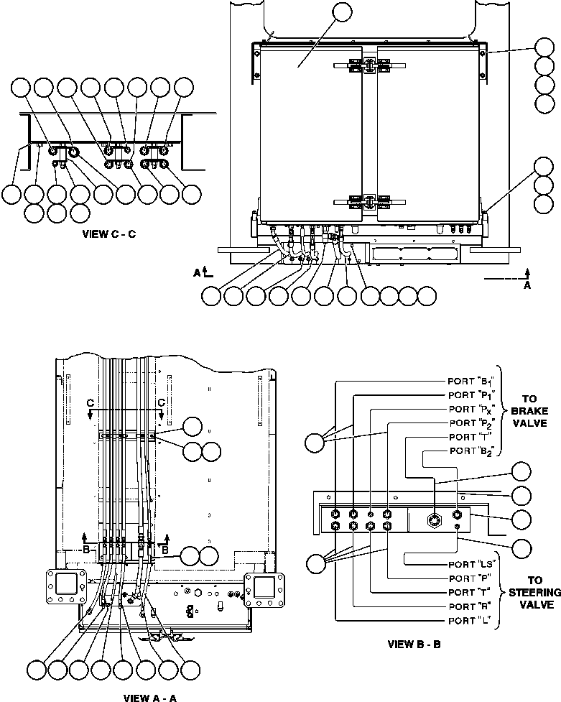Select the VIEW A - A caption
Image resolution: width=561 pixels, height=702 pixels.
click(150, 696)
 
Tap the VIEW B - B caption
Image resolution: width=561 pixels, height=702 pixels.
click(413, 644)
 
